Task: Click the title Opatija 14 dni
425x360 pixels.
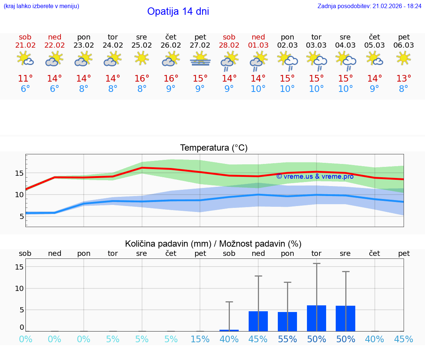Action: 178,11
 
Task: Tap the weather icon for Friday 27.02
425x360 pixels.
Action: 200,59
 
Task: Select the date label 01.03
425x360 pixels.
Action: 258,45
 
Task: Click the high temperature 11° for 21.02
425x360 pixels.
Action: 25,79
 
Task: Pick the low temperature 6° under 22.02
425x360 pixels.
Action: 55,89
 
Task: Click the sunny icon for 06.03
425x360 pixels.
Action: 404,58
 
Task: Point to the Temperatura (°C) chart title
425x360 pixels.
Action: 214,148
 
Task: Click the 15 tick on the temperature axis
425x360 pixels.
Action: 20,173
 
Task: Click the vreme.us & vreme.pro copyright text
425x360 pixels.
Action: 315,176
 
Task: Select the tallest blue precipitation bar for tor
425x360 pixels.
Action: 317,318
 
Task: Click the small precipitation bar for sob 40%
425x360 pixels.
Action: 229,330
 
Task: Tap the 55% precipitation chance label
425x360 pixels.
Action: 287,339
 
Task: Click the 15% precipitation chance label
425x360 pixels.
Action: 200,339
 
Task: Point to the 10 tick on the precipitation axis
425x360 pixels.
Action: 20,288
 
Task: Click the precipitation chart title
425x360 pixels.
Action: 213,244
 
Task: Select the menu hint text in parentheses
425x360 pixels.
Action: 41,6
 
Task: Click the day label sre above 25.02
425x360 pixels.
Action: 142,37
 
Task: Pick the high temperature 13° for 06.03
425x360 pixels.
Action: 404,79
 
